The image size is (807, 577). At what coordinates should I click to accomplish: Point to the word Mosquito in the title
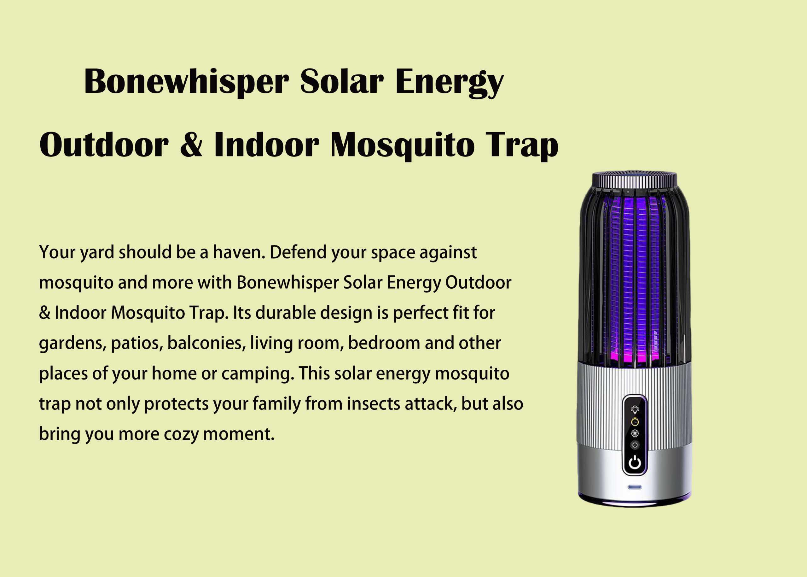pyautogui.click(x=402, y=146)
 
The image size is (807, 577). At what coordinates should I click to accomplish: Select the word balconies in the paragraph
pyautogui.click(x=206, y=343)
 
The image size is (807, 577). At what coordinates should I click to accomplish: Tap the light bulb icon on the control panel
pyautogui.click(x=635, y=409)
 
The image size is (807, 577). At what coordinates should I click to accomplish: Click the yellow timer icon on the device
pyautogui.click(x=635, y=421)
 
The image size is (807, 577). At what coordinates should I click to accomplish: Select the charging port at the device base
pyautogui.click(x=635, y=487)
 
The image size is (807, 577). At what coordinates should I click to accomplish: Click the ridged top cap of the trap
pyautogui.click(x=635, y=180)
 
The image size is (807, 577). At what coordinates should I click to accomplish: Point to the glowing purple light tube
pyautogui.click(x=635, y=281)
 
